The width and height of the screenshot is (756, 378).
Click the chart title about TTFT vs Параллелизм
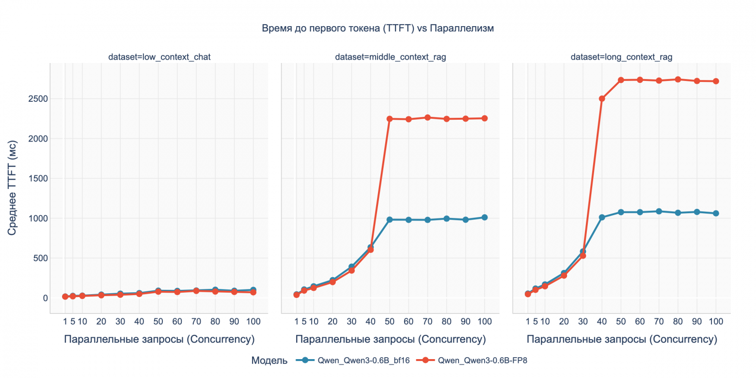click(x=378, y=29)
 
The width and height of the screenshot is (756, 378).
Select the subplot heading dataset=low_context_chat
click(x=159, y=57)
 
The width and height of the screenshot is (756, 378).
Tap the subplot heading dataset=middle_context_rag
click(x=390, y=57)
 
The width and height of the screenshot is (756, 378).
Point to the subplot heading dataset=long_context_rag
click(x=621, y=57)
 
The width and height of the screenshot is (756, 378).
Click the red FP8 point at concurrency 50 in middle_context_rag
click(x=389, y=119)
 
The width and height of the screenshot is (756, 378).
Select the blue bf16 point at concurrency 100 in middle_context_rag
click(x=484, y=218)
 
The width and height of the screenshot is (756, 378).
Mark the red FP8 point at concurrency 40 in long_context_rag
click(x=602, y=99)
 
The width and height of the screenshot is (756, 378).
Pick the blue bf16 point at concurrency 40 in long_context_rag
click(x=602, y=218)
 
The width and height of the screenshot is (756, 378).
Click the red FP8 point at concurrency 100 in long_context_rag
click(x=716, y=81)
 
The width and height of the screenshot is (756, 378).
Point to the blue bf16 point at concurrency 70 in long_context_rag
click(x=659, y=211)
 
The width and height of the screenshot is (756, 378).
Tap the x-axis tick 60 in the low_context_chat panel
click(x=177, y=321)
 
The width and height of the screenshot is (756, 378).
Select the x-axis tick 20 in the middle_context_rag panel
click(x=332, y=321)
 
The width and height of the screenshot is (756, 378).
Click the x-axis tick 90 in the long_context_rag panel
click(x=697, y=321)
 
